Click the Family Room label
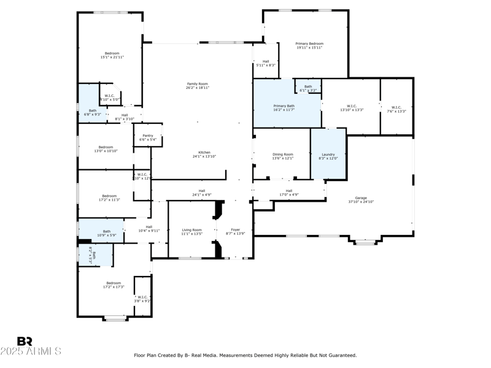point(198,83)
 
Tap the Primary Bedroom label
point(309,44)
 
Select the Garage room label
point(361,198)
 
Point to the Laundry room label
point(328,155)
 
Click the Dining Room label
point(283,155)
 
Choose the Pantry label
point(148,136)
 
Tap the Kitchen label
point(204,153)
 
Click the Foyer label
point(236,230)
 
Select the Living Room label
point(191,230)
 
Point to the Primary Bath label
point(284,106)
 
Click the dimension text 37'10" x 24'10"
point(361,202)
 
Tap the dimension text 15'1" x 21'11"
point(112,57)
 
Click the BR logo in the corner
point(25,341)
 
